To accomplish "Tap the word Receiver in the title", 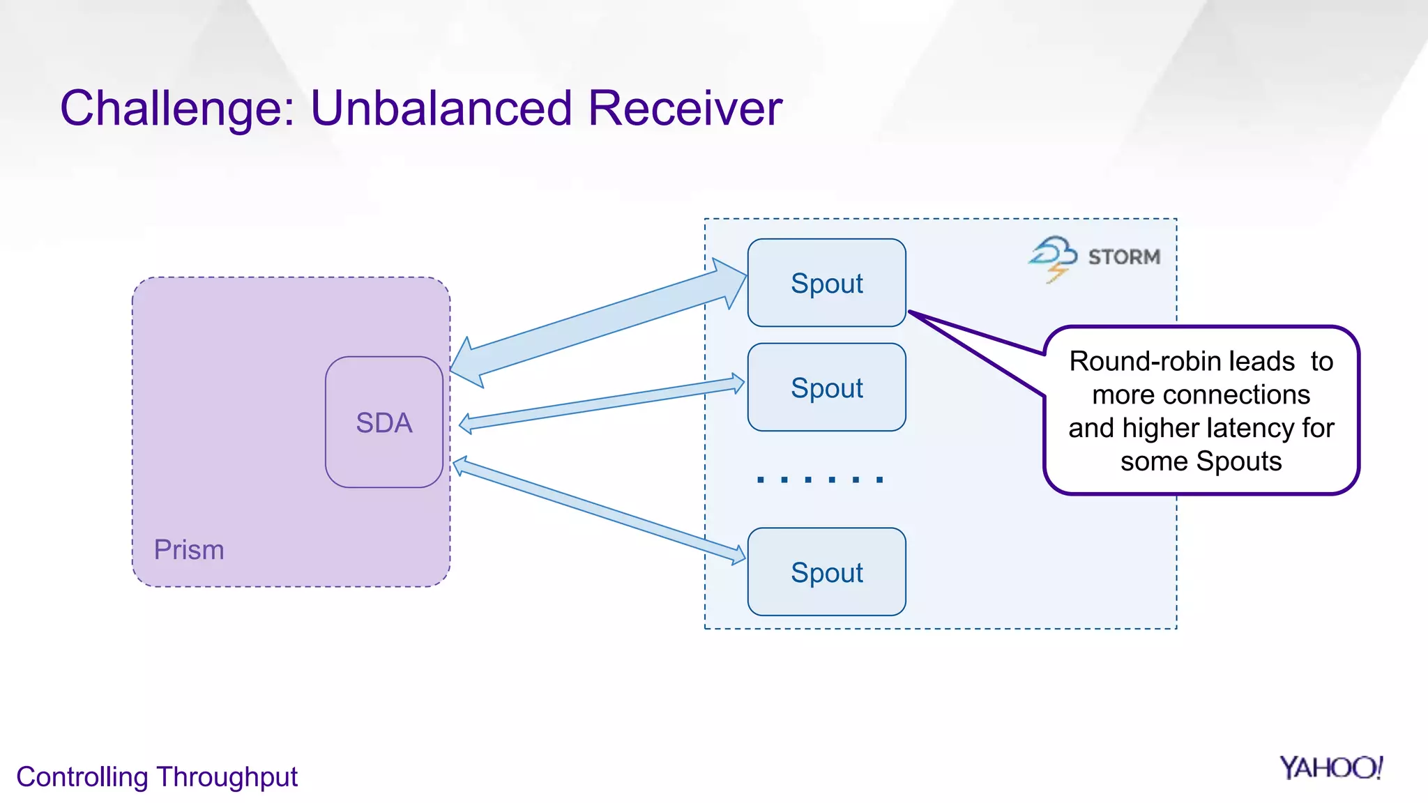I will (x=685, y=109).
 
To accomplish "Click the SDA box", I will (x=384, y=422).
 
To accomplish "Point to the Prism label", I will (x=189, y=550).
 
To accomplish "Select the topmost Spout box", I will (x=826, y=283).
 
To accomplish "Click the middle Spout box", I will (x=826, y=388).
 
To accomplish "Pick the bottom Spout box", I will (x=826, y=572).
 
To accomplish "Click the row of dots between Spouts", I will (x=820, y=480).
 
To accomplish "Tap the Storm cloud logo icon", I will (x=1053, y=257).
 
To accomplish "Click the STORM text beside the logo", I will (x=1124, y=257).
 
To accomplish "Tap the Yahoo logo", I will (x=1330, y=768).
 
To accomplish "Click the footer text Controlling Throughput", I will (x=157, y=777).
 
